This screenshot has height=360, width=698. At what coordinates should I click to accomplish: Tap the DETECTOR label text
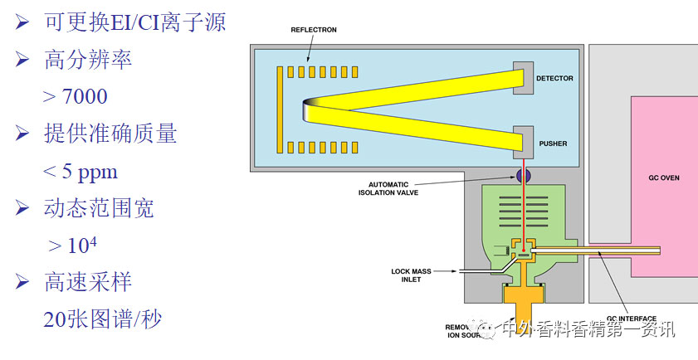pyautogui.click(x=554, y=79)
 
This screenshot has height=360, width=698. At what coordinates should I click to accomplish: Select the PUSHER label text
pyautogui.click(x=551, y=144)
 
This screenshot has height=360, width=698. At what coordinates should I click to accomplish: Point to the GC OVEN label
pyautogui.click(x=663, y=178)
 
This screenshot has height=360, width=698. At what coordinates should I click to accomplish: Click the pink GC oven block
pyautogui.click(x=664, y=207)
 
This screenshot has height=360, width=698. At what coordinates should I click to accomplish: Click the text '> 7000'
pyautogui.click(x=75, y=97)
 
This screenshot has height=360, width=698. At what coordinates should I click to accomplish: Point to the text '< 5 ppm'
pyautogui.click(x=80, y=172)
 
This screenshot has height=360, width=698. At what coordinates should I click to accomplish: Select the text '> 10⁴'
pyautogui.click(x=74, y=246)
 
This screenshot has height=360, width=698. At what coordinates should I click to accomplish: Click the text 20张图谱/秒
pyautogui.click(x=102, y=319)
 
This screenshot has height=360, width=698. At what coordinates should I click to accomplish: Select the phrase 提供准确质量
pyautogui.click(x=110, y=134)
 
